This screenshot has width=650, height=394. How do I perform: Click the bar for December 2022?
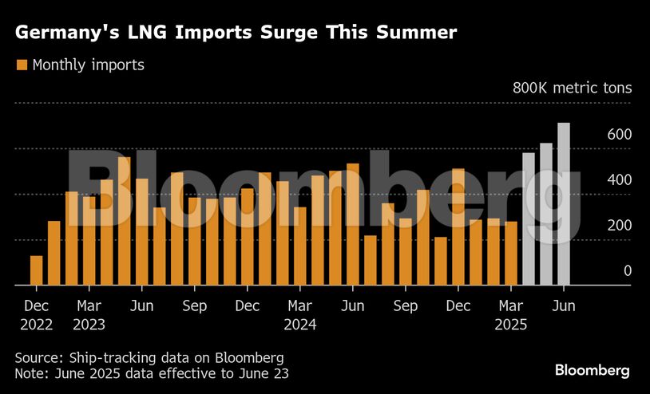(36, 270)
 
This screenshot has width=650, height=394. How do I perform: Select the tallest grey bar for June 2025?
(564, 204)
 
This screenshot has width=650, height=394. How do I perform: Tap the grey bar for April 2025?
(529, 219)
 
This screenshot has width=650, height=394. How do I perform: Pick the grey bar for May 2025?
(546, 214)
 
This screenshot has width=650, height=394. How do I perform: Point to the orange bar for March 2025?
(511, 253)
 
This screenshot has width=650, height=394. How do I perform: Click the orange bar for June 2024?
(352, 224)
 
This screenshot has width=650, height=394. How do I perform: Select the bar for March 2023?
(89, 240)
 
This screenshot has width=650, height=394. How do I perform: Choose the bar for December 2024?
(458, 227)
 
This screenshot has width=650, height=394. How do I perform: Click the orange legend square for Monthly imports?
(22, 65)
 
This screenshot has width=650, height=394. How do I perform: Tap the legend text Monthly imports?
(88, 65)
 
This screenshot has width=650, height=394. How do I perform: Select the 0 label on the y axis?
(628, 271)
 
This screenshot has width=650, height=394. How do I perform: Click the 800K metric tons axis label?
(572, 87)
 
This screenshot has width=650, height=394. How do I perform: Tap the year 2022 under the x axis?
(36, 325)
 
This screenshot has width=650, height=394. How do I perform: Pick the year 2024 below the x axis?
(299, 325)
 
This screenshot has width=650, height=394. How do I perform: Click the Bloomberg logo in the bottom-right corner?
(593, 370)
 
